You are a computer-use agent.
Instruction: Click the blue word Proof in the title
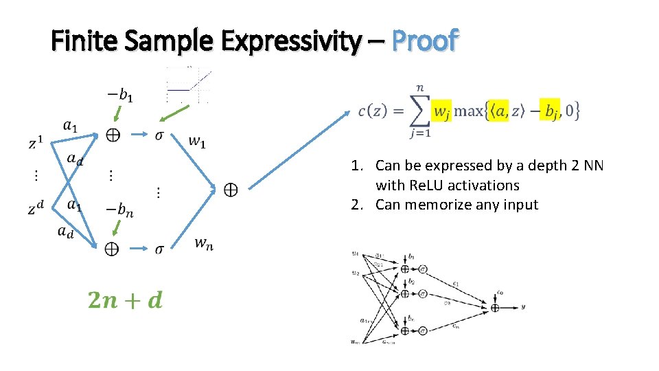(424, 42)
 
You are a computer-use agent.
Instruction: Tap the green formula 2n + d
(126, 300)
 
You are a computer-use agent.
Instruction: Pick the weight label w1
(196, 142)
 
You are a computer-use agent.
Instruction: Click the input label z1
(36, 144)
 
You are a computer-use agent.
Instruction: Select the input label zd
(36, 208)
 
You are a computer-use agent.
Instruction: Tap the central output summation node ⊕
(231, 189)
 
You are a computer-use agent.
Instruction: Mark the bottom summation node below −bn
(111, 249)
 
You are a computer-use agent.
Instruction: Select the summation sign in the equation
(417, 109)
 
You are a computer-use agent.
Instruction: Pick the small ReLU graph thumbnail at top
(189, 84)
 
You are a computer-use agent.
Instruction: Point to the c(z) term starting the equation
(375, 110)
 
